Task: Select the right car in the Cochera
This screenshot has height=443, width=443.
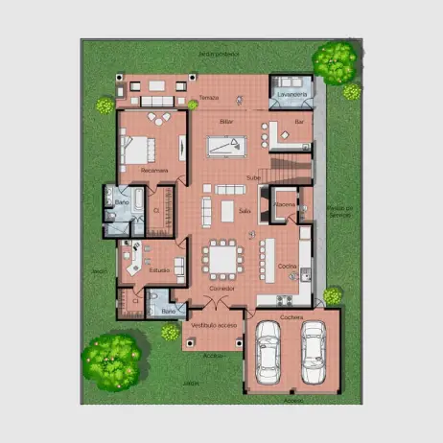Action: tap(313, 350)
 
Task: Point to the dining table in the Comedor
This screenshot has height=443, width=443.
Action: tap(223, 261)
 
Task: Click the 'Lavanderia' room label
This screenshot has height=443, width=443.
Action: tap(291, 96)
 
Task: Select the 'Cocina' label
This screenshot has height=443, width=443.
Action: tap(288, 266)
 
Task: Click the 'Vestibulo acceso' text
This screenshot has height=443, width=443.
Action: tap(213, 326)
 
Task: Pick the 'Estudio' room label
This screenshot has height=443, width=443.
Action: tap(159, 270)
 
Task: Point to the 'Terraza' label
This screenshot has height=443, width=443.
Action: tap(209, 98)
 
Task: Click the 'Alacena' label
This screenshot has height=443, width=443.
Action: tap(285, 205)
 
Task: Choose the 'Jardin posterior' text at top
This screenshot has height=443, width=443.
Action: tap(218, 55)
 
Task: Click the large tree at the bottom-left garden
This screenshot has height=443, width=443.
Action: tap(112, 360)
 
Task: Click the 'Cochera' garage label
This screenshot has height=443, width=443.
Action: tap(291, 316)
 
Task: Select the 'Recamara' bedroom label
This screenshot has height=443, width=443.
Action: tap(153, 171)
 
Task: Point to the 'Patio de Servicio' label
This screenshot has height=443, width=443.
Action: tap(339, 211)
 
